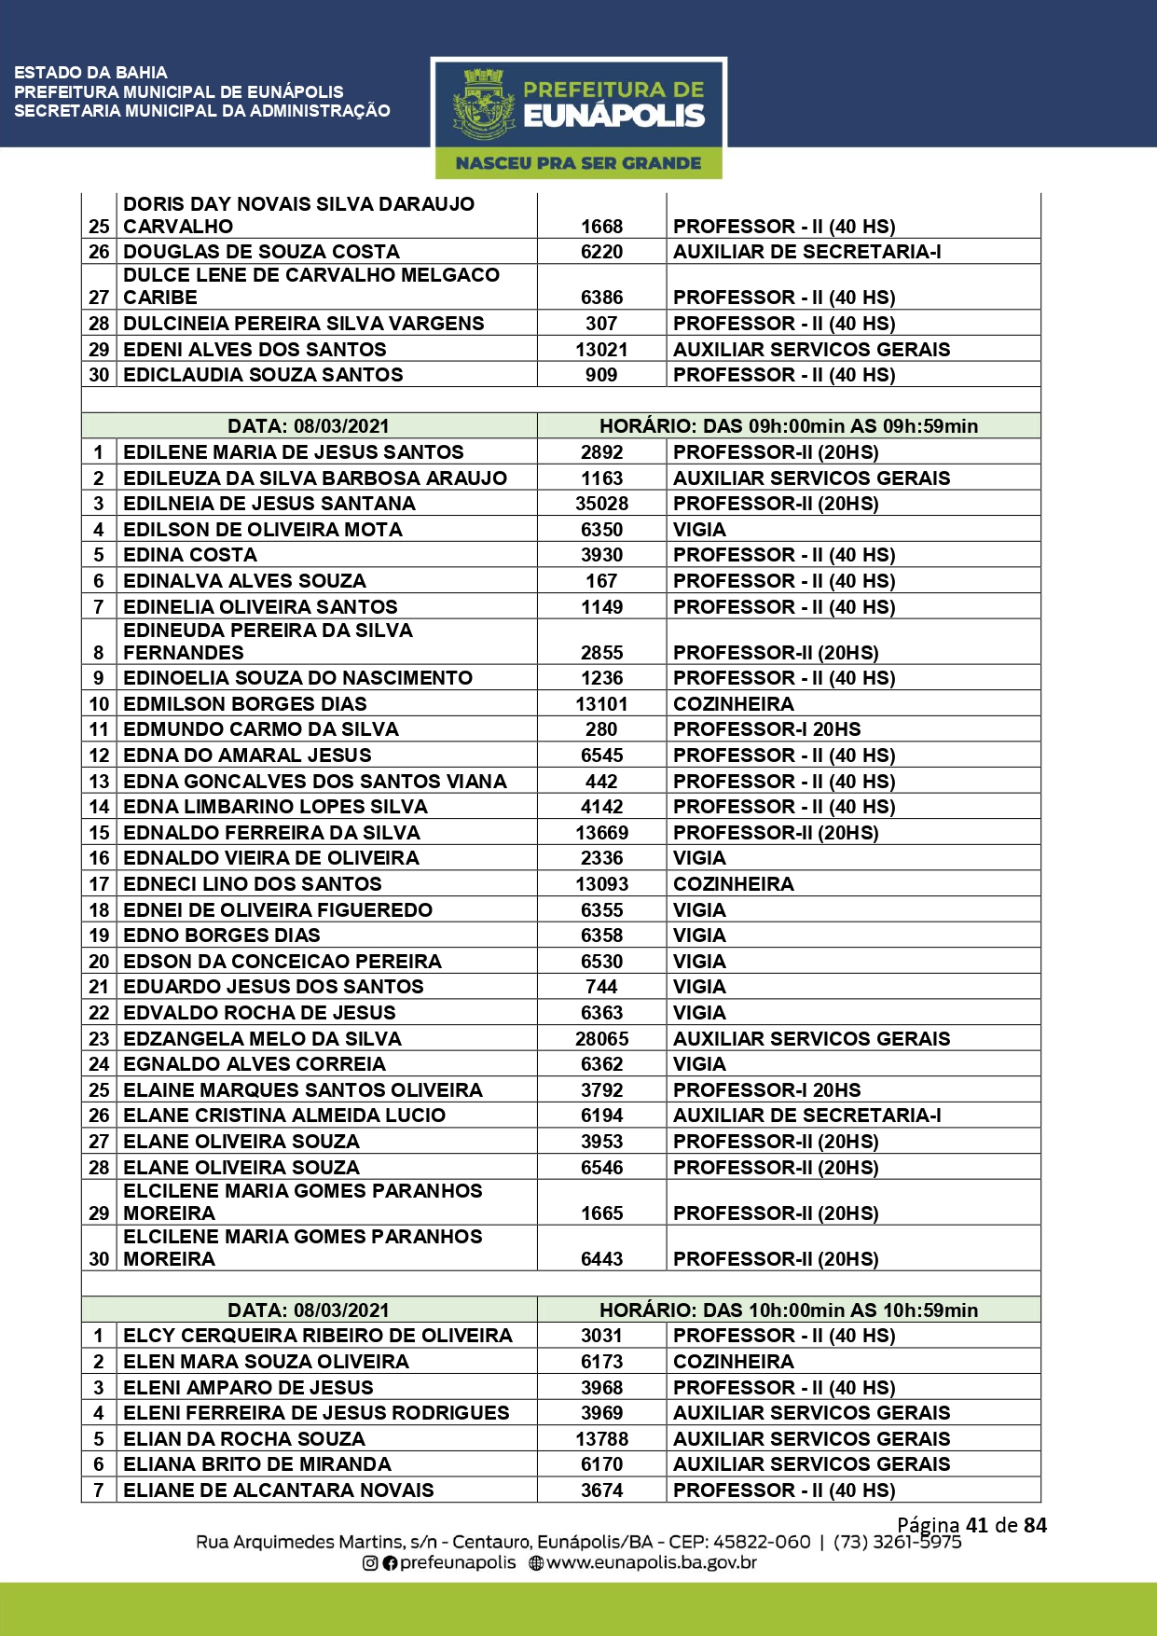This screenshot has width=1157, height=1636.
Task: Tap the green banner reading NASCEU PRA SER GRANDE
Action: (578, 163)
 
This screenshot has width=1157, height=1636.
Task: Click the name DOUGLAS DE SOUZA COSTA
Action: (261, 252)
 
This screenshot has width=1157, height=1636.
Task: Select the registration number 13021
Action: (601, 350)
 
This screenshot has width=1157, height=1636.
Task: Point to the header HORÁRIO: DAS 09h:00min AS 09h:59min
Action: (789, 426)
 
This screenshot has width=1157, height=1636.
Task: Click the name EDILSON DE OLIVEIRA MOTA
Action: (263, 530)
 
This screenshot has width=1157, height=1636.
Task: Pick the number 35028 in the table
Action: (601, 504)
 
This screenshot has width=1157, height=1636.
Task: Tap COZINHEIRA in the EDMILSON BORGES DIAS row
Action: (734, 704)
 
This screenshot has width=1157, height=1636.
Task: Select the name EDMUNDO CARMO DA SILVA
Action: (261, 729)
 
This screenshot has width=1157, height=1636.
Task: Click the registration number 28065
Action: (601, 1039)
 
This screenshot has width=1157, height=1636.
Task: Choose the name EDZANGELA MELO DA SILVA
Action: (262, 1039)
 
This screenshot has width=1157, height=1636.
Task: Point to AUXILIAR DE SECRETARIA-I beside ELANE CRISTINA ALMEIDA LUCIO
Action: (807, 1116)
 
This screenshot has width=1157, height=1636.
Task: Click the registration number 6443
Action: (601, 1259)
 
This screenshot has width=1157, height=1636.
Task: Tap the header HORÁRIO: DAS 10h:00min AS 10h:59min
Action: (789, 1310)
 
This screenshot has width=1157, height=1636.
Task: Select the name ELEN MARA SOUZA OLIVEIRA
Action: (266, 1362)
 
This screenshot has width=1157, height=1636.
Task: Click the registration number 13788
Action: (601, 1439)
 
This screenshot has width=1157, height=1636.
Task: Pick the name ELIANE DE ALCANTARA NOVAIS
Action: (279, 1490)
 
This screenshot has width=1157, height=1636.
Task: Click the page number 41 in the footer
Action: (977, 1525)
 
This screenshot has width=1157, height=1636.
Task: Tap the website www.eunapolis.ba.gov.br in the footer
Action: (651, 1562)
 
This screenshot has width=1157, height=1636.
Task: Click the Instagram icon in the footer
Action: (370, 1563)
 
